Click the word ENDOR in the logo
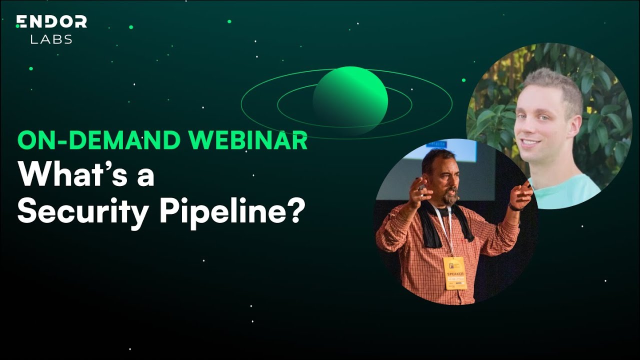click(51, 21)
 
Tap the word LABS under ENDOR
click(51, 39)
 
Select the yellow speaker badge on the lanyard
click(455, 273)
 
